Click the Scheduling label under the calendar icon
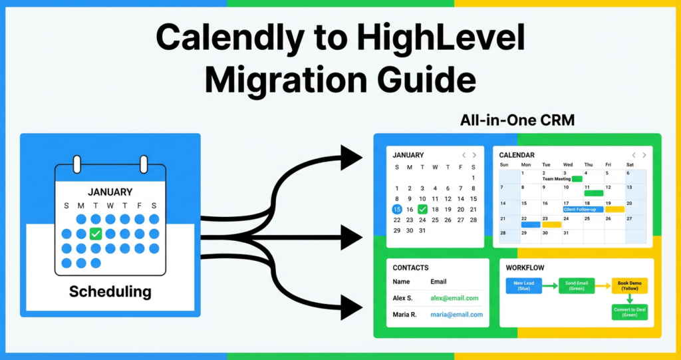[110, 291]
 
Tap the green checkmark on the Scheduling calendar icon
[96, 234]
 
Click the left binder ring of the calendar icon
[76, 164]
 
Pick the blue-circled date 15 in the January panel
[397, 209]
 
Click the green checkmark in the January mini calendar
[422, 209]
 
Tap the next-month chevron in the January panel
[474, 155]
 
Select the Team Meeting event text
[557, 179]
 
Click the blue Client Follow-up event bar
[583, 209]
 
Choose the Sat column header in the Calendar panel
[630, 164]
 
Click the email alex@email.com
[454, 298]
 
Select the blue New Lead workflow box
[523, 285]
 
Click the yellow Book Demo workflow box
[629, 285]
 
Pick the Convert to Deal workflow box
[629, 312]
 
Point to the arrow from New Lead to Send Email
[549, 285]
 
